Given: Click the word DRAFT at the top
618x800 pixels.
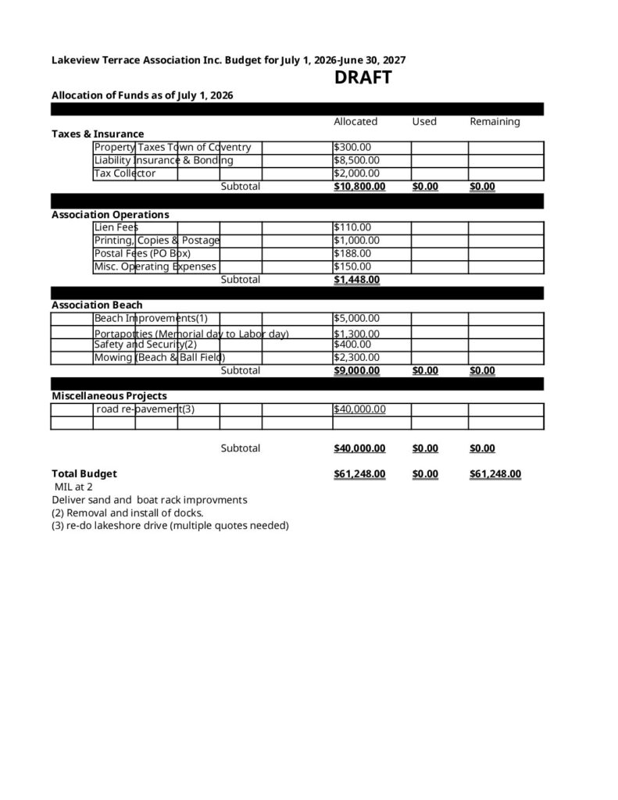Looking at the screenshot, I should point(363,78).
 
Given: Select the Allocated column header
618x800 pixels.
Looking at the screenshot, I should point(355,122).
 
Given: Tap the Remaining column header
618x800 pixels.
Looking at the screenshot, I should point(495,122).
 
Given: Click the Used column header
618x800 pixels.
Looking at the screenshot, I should point(424,122).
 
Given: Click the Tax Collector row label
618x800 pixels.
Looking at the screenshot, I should point(125,173).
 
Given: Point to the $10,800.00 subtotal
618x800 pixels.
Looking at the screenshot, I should point(359,187).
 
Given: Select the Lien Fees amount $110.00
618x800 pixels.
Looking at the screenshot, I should point(352,227).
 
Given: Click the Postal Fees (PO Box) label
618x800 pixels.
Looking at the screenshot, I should point(142,254).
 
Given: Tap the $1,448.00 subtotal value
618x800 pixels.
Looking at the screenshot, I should point(357,280).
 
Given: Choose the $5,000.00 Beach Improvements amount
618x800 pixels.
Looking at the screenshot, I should point(356,318).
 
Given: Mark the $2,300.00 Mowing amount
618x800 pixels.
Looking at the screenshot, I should point(356,358).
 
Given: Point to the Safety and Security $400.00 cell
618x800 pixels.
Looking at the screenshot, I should point(352,345).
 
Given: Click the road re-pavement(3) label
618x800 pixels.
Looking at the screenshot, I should point(145,409).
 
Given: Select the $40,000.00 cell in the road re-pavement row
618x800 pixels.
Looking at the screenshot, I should point(359,409).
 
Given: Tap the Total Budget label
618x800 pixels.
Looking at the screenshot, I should point(84,473).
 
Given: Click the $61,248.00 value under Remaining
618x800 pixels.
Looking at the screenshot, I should point(495,474).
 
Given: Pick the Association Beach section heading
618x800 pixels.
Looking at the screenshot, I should point(97,305).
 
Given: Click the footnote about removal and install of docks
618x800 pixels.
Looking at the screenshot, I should point(127,512).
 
